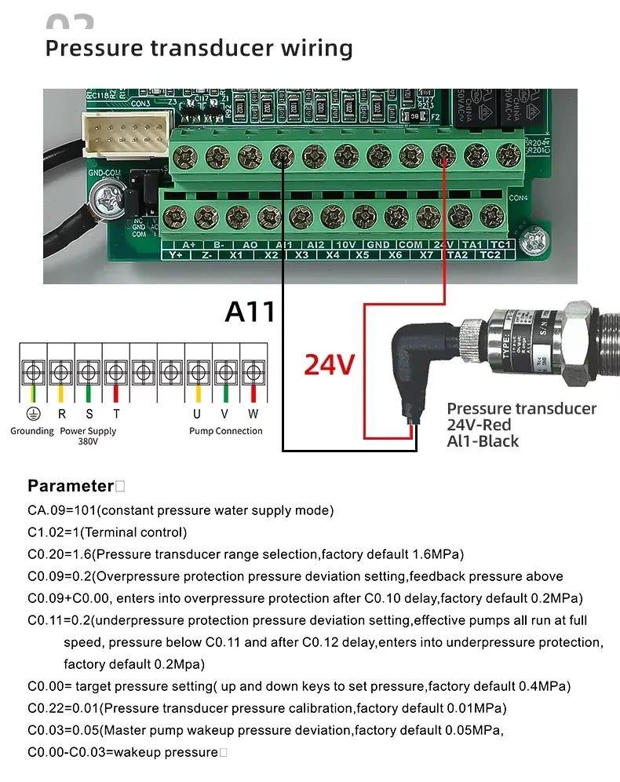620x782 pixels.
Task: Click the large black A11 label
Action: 250,311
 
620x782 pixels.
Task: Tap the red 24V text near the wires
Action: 330,364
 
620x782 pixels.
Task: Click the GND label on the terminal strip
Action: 377,245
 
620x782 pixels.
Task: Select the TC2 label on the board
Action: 491,255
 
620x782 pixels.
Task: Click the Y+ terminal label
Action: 176,255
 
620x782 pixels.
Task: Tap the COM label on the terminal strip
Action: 410,245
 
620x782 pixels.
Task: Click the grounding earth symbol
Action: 32,414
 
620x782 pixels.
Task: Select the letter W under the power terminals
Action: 253,414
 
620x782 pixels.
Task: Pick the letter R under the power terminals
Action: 61,414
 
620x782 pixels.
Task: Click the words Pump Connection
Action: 226,431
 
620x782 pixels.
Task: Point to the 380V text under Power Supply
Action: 88,441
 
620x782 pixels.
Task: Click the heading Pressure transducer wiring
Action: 199,48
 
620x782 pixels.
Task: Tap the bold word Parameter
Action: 71,485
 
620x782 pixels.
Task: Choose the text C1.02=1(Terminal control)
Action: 108,532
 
